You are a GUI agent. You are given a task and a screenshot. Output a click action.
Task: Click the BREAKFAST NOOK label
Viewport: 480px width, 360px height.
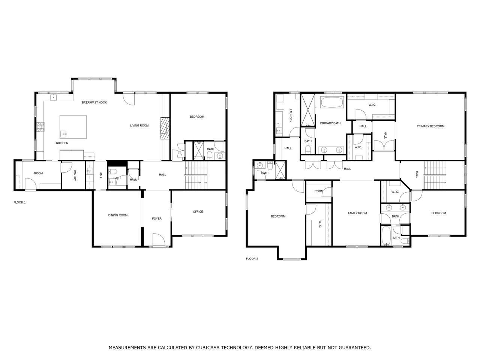(94, 102)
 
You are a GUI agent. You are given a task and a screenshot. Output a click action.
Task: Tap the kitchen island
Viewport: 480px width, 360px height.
(73, 127)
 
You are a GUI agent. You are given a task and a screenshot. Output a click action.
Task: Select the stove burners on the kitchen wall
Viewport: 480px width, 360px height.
(40, 127)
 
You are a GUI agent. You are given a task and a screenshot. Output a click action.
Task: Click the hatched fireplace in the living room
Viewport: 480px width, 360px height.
(165, 128)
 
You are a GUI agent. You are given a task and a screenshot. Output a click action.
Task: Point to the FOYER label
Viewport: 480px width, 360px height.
(157, 218)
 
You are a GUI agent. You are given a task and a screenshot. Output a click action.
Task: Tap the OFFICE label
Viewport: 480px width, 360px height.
(198, 211)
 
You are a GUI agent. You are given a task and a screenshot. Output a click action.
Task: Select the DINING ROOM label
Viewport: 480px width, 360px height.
(118, 215)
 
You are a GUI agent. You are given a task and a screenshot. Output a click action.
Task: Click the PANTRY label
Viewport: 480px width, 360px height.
(75, 175)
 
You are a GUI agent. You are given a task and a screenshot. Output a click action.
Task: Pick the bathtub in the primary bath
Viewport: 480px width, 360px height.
(332, 102)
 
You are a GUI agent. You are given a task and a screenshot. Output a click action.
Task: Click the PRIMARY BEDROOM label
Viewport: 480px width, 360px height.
(430, 126)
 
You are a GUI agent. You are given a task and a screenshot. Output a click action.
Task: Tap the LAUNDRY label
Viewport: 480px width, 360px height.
(291, 115)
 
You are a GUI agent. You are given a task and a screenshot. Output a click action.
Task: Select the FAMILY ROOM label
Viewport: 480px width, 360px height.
(357, 213)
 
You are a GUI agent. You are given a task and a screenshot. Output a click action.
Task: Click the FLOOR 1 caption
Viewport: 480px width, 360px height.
(19, 202)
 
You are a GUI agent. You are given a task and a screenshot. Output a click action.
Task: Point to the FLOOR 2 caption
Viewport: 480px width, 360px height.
(252, 259)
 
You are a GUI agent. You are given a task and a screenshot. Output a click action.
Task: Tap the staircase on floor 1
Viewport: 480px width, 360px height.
(196, 175)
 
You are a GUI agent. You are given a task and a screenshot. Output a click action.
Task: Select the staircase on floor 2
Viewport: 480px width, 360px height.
(435, 175)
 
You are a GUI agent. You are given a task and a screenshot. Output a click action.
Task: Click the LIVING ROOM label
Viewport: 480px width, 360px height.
(139, 126)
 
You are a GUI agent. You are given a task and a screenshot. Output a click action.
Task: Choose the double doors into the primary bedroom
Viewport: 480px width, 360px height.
(384, 145)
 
